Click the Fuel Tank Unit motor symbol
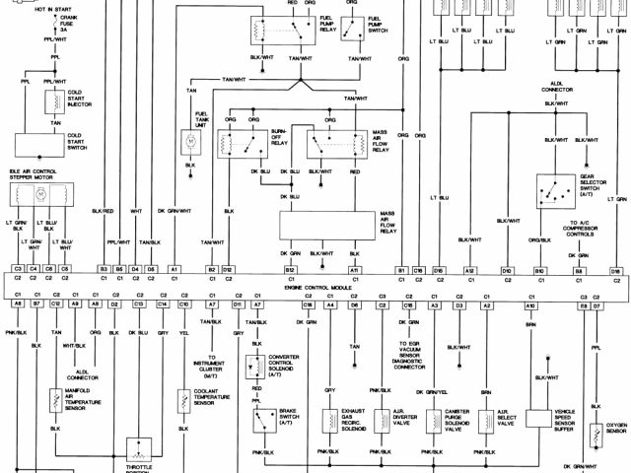(x=190, y=142)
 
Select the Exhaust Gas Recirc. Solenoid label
(x=355, y=419)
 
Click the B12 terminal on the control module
(x=290, y=269)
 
